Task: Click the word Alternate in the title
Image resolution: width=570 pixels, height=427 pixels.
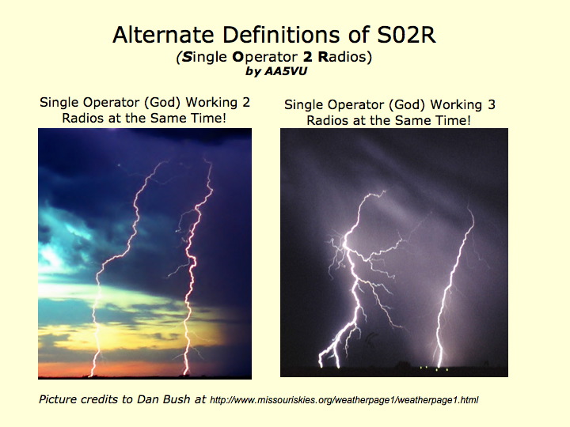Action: pyautogui.click(x=163, y=35)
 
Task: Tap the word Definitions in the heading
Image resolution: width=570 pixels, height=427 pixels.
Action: pyautogui.click(x=281, y=35)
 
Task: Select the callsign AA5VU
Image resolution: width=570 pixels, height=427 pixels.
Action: pyautogui.click(x=285, y=71)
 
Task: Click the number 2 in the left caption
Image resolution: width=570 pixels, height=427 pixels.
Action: pyautogui.click(x=245, y=102)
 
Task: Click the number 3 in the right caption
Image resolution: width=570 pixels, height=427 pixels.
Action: pyautogui.click(x=491, y=105)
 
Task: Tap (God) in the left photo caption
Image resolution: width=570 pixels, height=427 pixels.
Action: pyautogui.click(x=162, y=103)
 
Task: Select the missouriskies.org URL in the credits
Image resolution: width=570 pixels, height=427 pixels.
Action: pyautogui.click(x=344, y=400)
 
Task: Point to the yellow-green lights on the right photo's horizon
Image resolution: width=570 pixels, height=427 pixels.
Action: pyautogui.click(x=434, y=369)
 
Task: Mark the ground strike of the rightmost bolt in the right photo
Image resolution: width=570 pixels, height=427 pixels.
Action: pyautogui.click(x=440, y=365)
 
